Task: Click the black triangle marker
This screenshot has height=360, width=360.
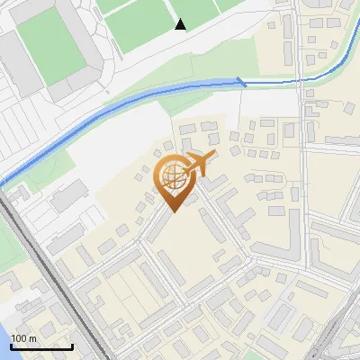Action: (181, 24)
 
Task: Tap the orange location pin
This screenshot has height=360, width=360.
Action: (173, 184)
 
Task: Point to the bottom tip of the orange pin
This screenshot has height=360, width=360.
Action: (173, 211)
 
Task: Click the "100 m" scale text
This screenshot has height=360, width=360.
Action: (23, 337)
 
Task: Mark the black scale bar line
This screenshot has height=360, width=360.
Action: (41, 346)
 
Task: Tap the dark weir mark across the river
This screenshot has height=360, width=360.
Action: (241, 82)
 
